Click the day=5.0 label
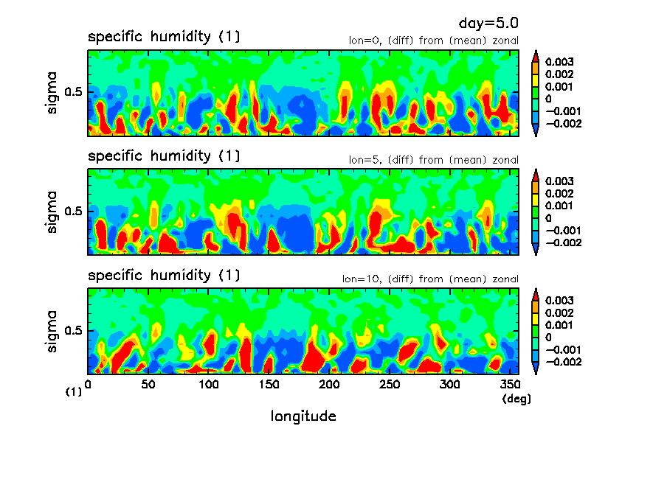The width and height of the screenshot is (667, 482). [494, 24]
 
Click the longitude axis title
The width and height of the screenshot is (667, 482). [303, 416]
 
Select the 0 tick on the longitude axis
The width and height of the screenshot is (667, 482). [89, 385]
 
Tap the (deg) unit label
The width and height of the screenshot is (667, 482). [516, 399]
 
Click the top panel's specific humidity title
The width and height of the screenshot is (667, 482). [164, 37]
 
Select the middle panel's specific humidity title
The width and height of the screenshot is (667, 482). [164, 156]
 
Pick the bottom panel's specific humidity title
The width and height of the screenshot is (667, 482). [164, 276]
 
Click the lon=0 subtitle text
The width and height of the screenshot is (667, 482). [433, 41]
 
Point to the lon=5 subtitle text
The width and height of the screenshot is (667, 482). [433, 160]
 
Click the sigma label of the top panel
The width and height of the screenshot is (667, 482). [52, 94]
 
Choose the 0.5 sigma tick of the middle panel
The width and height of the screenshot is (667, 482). [75, 212]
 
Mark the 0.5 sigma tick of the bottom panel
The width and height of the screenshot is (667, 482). [75, 331]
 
